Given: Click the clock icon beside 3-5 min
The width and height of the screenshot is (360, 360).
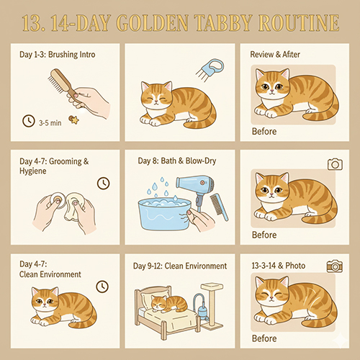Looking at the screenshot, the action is coord(29,121).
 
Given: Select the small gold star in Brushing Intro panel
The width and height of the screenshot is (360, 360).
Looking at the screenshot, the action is coord(74,120).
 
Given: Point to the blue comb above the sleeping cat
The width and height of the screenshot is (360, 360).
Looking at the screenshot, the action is coord(210,69).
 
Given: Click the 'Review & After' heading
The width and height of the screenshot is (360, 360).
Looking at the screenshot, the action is coord(275,55).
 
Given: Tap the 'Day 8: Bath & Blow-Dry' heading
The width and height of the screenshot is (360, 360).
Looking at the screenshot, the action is coord(177,161).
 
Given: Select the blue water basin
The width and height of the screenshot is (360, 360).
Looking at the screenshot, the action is coord(164,214).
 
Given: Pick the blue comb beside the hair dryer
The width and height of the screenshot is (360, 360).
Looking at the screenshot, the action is coord(219,207).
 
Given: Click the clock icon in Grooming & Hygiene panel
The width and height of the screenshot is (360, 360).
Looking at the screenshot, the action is coord(103,184).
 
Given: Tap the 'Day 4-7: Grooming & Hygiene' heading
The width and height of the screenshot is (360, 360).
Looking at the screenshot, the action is coord(54,166).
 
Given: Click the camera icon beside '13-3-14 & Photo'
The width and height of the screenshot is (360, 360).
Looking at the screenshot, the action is coord(335,266).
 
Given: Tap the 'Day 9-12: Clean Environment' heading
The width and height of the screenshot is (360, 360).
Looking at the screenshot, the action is coord(180,266).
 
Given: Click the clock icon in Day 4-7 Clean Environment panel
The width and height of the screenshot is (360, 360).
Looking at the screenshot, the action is coord(102,287).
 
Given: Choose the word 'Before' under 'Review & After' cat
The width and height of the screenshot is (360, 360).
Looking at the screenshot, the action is coord(264,132).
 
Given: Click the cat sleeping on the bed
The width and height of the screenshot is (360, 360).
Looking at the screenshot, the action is coord(169,304).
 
